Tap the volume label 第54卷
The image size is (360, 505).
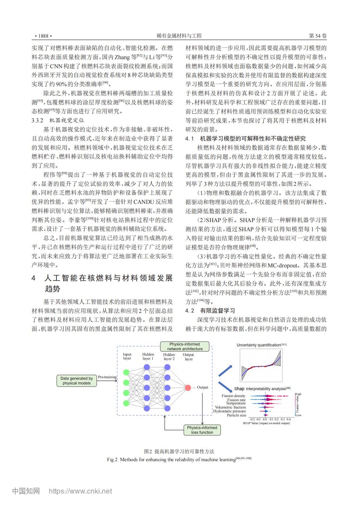tap(318, 36)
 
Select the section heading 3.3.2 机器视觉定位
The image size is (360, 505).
tap(58, 120)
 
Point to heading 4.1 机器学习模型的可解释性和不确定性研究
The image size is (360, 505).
tap(246, 139)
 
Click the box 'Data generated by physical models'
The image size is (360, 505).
tap(76, 381)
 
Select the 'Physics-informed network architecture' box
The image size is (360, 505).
tap(185, 346)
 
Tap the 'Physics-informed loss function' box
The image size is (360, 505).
tap(202, 430)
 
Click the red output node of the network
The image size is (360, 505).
tap(188, 388)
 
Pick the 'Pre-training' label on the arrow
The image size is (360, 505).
tap(107, 377)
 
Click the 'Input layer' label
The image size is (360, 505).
tap(127, 356)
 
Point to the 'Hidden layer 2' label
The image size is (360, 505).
tap(169, 356)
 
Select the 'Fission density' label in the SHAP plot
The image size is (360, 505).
tap(234, 396)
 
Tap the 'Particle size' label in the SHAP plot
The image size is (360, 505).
tap(236, 415)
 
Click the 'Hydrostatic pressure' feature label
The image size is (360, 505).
tap(229, 411)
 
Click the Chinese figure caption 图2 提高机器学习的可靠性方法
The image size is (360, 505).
tap(179, 451)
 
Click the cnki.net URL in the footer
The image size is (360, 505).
tap(80, 491)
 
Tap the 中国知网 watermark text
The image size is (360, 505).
tap(26, 491)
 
